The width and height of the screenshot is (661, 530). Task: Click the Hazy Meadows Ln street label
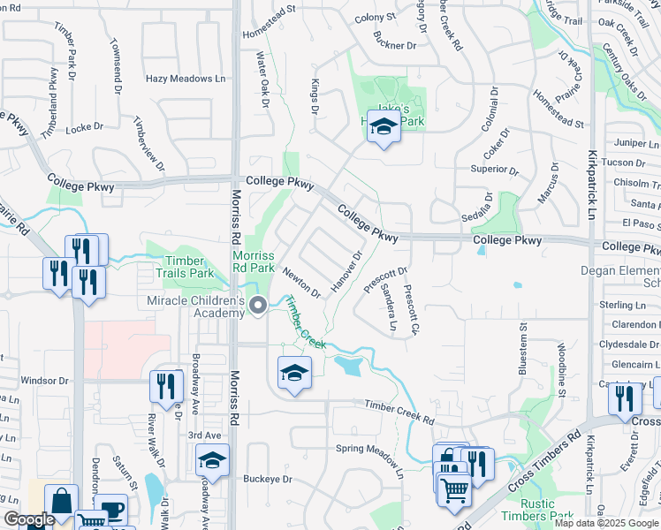185,79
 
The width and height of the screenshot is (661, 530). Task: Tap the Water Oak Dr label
262,79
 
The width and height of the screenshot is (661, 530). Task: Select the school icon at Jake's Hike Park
384,131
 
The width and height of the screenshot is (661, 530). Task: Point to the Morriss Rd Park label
254,261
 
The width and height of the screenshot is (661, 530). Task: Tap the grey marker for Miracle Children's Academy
258,307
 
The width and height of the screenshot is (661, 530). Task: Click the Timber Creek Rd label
400,410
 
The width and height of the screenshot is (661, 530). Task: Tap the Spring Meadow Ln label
369,449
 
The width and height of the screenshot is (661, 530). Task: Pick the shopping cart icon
454,489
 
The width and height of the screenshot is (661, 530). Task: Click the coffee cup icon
111,509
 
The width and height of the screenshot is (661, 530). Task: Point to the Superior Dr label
495,169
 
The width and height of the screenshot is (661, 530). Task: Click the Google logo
28,520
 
